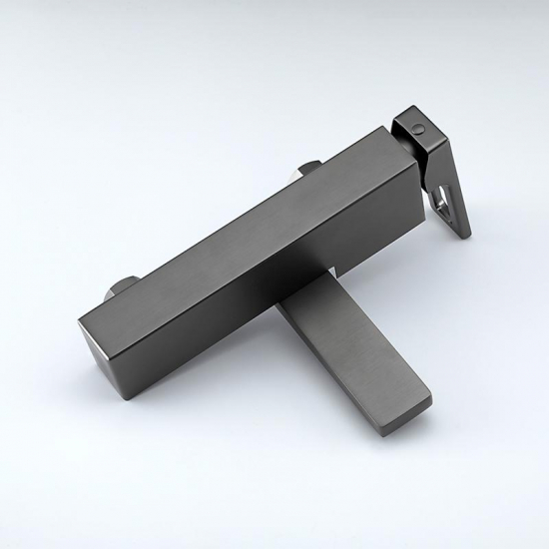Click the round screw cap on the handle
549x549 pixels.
point(415,128)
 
